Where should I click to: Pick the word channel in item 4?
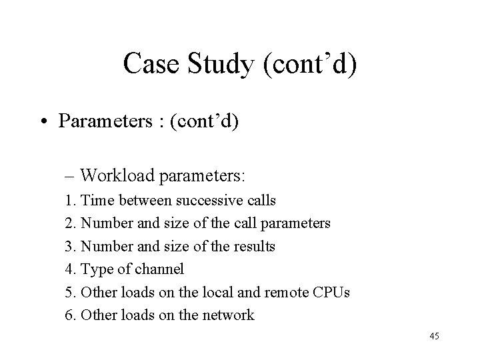pyautogui.click(x=160, y=269)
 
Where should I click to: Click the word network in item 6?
pyautogui.click(x=228, y=315)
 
